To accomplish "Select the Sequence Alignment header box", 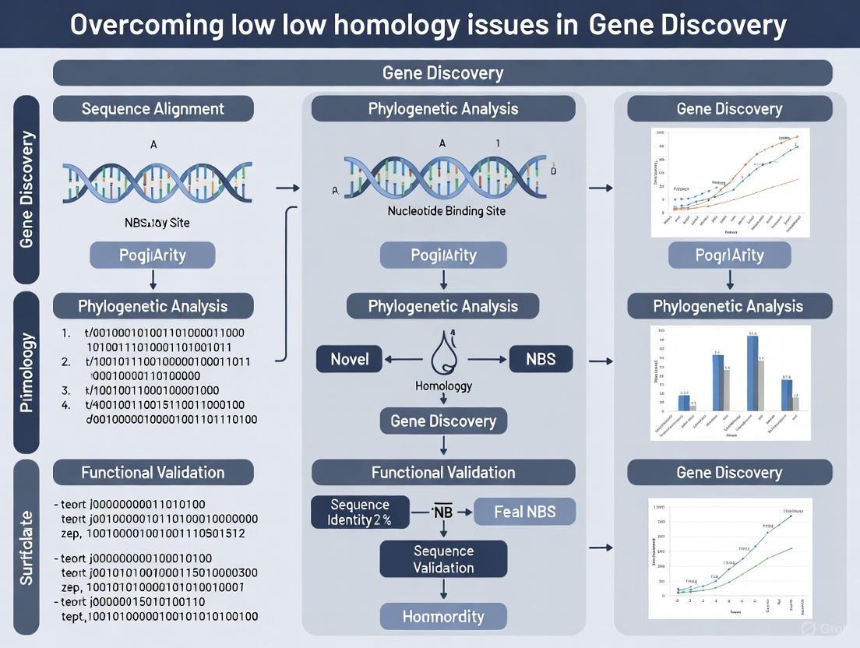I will coord(153,109).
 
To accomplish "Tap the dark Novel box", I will coord(350,359).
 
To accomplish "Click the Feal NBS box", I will coord(524,512).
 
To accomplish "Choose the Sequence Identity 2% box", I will coord(360,512).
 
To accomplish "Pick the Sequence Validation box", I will coord(443,559).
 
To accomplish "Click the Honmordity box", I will coord(443,617).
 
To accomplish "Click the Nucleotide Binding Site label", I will coord(446,211).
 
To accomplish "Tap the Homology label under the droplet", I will coord(443,386).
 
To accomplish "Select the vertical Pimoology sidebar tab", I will coord(26,372).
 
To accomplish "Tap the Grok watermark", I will coord(827,628).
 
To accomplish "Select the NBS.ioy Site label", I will coord(157,223).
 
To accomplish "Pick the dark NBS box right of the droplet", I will coord(540,359).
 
